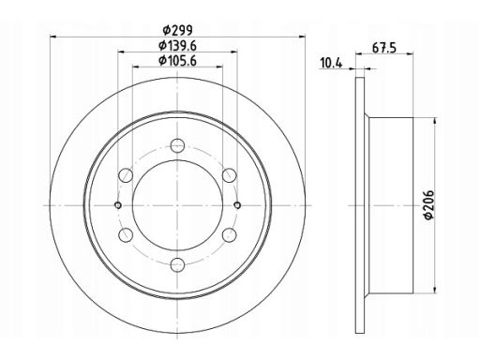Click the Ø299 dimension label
click(x=177, y=30)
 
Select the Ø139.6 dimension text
click(x=177, y=46)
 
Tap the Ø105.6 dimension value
click(x=177, y=60)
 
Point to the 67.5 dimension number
click(x=384, y=49)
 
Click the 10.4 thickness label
click(x=331, y=63)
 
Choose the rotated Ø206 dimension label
click(x=429, y=204)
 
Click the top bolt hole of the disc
click(x=177, y=145)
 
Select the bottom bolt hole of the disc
click(x=177, y=265)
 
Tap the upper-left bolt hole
click(x=126, y=175)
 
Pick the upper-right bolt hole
click(x=230, y=175)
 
